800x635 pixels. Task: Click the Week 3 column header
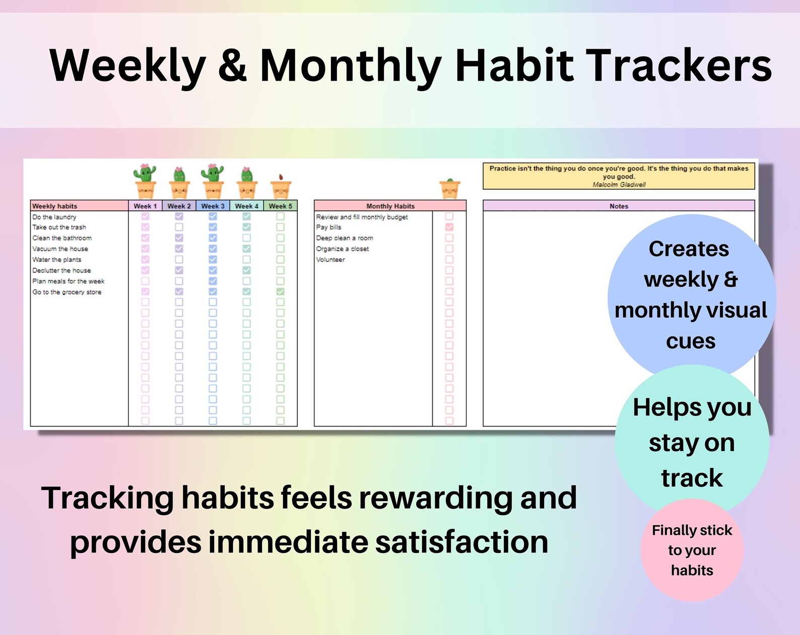click(213, 206)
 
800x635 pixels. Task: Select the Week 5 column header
click(280, 206)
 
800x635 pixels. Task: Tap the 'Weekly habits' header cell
click(54, 206)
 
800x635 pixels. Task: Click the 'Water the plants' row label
click(56, 259)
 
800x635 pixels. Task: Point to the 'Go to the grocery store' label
click(66, 292)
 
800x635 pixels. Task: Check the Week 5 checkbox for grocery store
click(280, 292)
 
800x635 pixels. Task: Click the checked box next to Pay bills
click(449, 227)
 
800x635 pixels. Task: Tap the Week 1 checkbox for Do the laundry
click(145, 216)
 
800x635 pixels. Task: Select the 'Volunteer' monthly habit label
click(330, 259)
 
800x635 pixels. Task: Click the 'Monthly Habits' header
click(390, 206)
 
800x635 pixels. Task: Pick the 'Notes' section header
click(619, 206)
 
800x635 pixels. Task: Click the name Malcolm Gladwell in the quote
click(619, 185)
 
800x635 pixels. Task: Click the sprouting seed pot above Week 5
click(281, 187)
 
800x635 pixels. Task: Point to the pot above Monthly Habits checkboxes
click(449, 188)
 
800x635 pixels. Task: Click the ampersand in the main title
click(233, 65)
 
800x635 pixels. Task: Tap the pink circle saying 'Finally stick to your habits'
click(692, 550)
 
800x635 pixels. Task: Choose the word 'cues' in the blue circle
click(690, 341)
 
